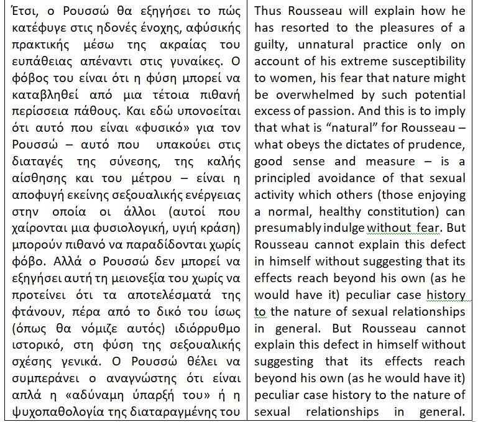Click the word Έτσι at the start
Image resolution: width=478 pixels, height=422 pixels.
coord(19,12)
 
